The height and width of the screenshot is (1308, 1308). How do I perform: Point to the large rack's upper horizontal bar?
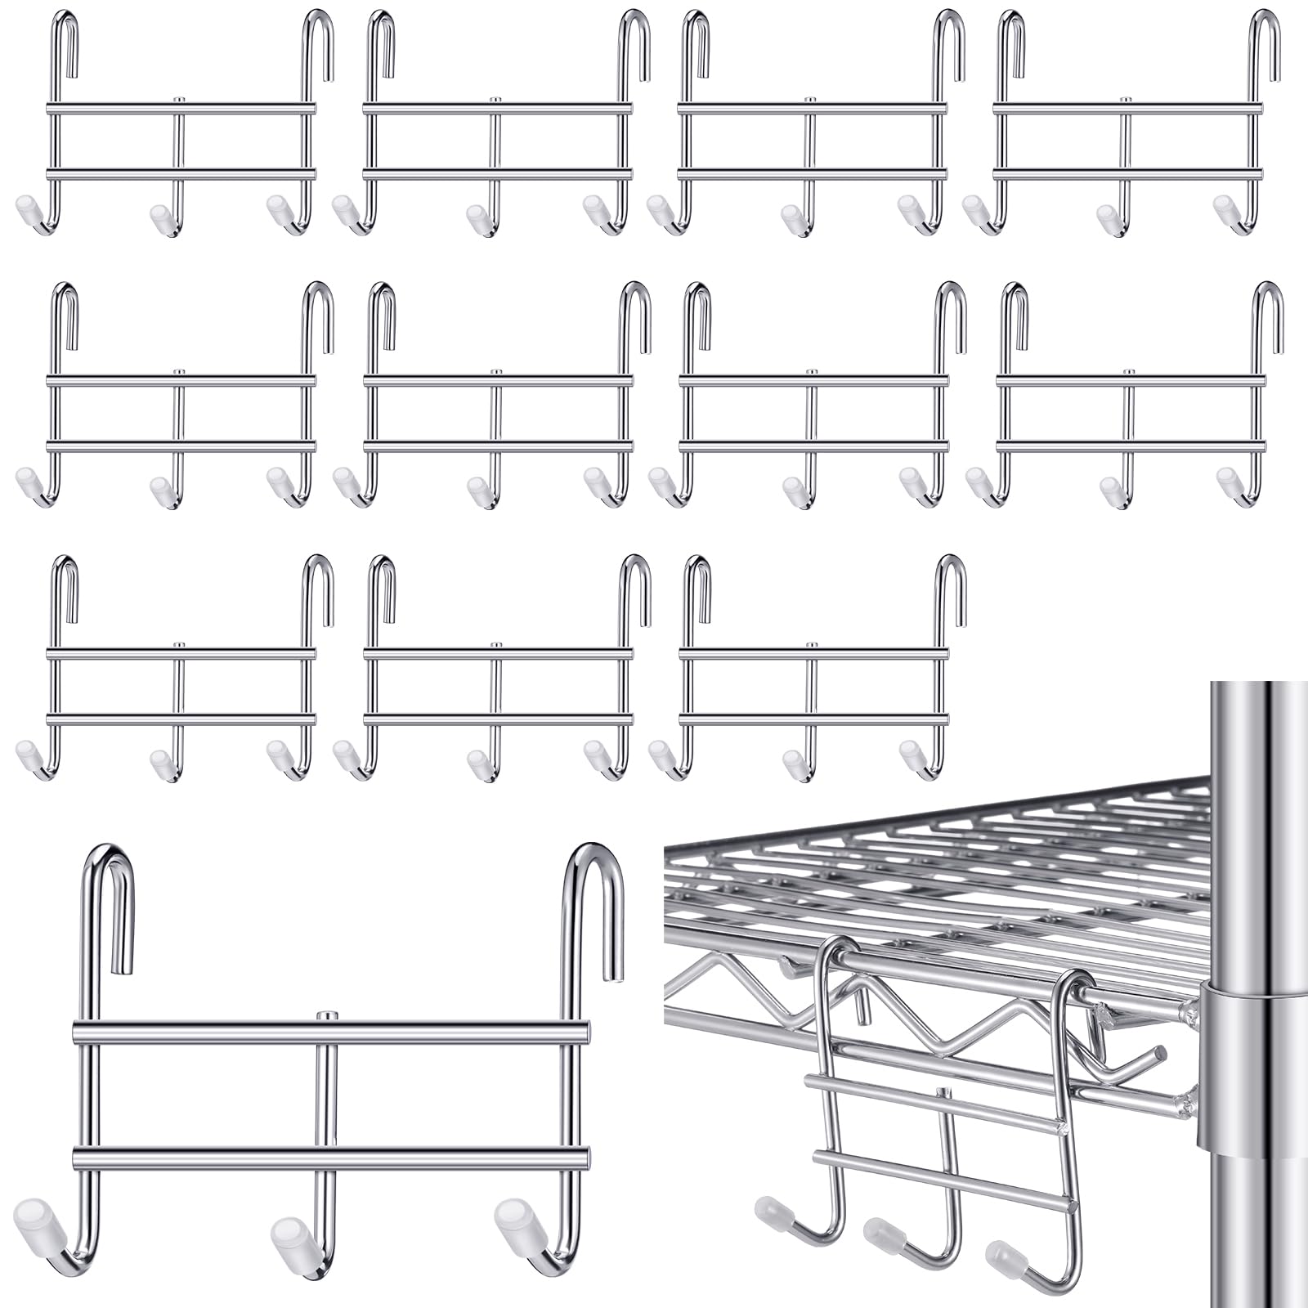(x=331, y=1033)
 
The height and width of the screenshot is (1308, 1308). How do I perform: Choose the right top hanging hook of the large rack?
(x=594, y=883)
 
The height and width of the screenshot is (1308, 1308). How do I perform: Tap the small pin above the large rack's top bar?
(x=326, y=1016)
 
